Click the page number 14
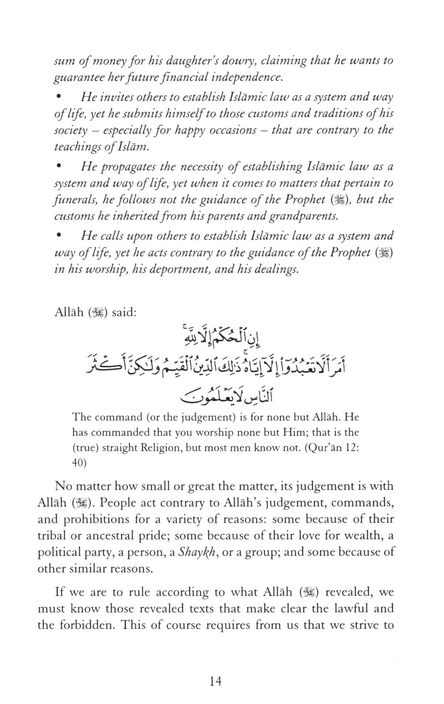[x=216, y=681]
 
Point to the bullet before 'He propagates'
[x=58, y=167]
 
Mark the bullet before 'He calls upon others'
[x=58, y=236]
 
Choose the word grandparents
[x=305, y=216]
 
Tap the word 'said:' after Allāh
[x=125, y=313]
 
